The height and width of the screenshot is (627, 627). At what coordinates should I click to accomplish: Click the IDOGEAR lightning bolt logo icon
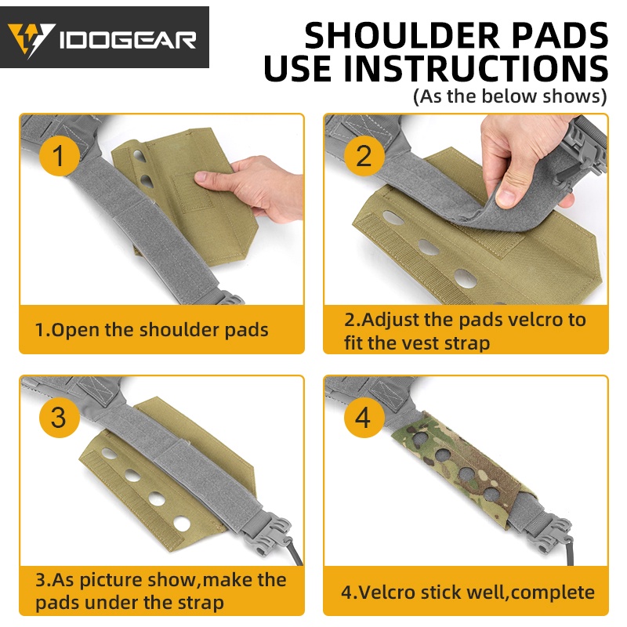point(31,40)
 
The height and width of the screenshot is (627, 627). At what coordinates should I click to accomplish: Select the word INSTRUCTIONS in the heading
point(476,67)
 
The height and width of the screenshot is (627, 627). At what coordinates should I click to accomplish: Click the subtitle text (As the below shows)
point(510,96)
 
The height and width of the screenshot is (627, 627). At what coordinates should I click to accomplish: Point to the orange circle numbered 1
point(59,155)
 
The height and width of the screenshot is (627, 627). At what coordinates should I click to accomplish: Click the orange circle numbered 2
point(364,155)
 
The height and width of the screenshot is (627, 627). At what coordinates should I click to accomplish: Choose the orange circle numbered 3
point(59,417)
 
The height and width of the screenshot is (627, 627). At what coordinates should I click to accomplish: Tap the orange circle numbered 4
point(364,417)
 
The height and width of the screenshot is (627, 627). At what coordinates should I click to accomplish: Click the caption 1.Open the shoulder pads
point(151,330)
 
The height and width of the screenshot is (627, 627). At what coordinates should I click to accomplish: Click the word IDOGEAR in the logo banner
point(128,41)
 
